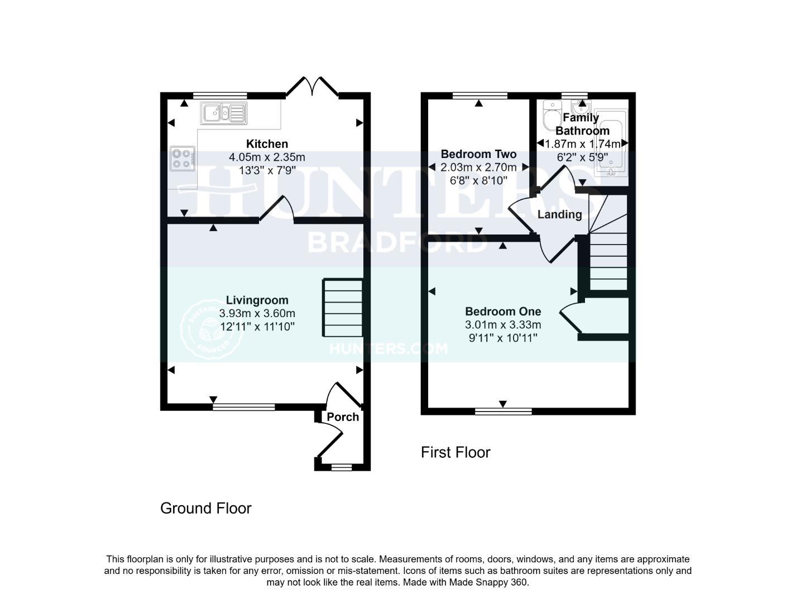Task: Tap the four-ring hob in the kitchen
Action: click(183, 158)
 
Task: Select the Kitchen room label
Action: click(267, 144)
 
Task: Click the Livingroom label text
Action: click(257, 300)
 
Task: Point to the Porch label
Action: click(343, 417)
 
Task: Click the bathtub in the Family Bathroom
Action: click(610, 142)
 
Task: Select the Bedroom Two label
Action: click(478, 154)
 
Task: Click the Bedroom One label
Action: click(503, 312)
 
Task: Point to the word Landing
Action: click(559, 214)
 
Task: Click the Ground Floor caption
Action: click(206, 508)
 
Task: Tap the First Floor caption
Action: click(455, 452)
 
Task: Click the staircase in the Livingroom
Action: click(342, 308)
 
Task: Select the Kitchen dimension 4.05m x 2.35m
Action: click(267, 157)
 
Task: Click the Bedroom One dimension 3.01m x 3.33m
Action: click(503, 325)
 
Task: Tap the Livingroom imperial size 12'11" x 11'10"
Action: click(257, 327)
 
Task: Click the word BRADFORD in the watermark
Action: click(397, 242)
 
